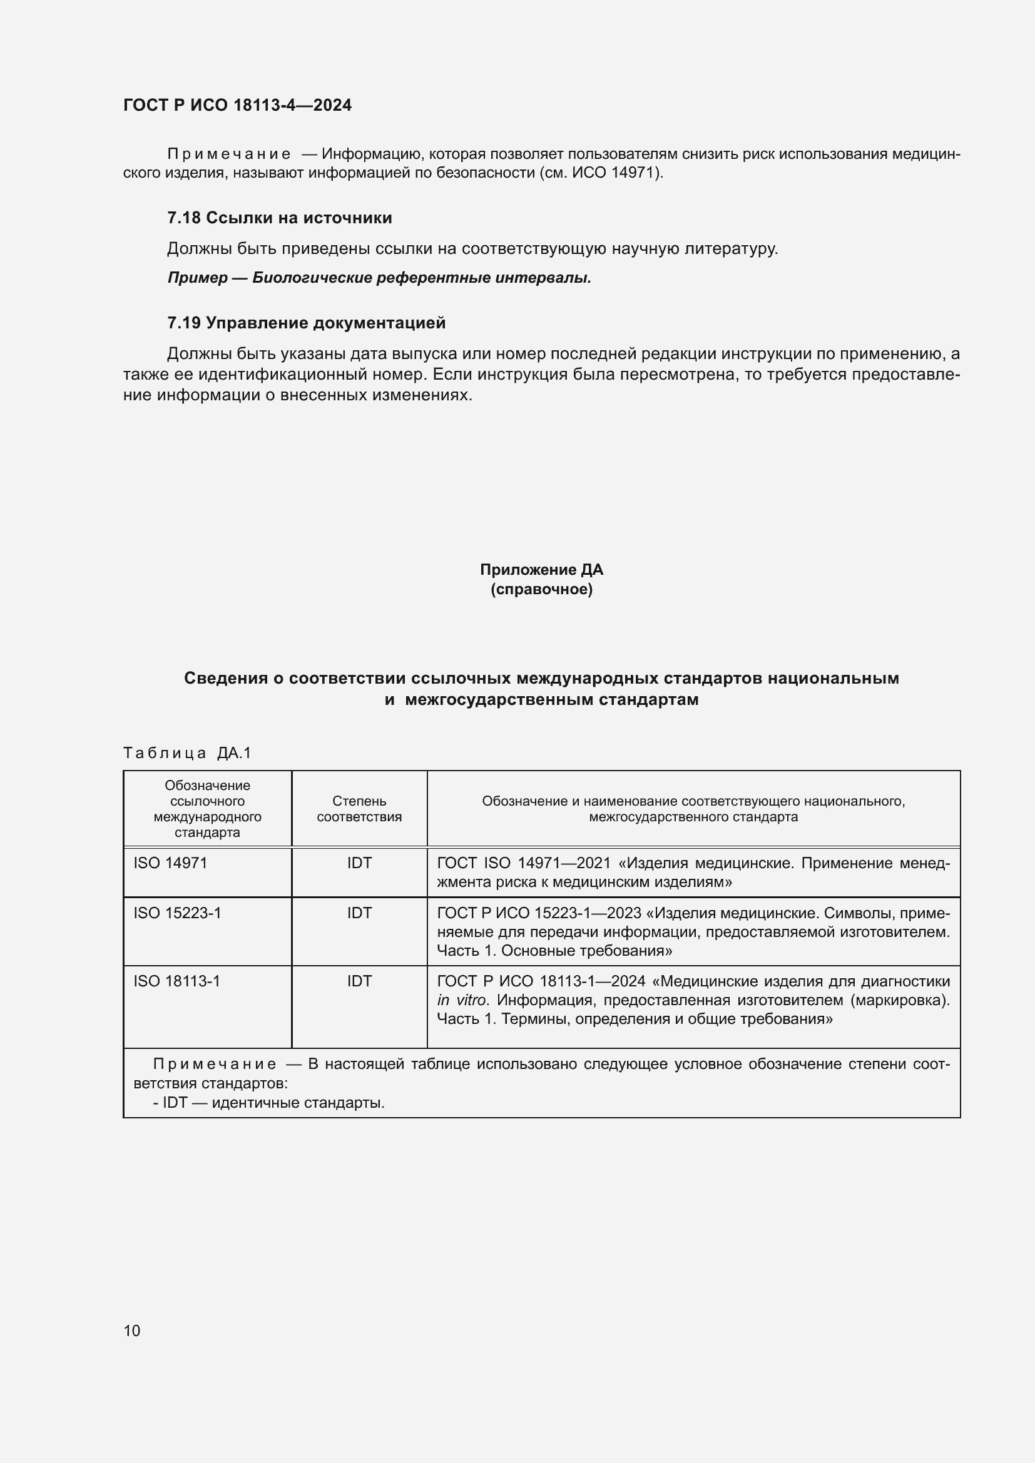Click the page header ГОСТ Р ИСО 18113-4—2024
(237, 105)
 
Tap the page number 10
(132, 1330)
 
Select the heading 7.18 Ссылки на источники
(279, 218)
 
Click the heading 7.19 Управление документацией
(306, 323)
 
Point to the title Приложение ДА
(541, 570)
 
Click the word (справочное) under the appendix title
(541, 589)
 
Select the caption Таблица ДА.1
(186, 753)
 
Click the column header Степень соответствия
(359, 809)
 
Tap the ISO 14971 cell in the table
(170, 863)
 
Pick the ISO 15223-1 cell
(177, 913)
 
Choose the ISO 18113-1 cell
(176, 981)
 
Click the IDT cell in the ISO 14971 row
(359, 863)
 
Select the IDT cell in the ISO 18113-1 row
(359, 981)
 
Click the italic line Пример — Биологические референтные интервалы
(379, 278)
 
